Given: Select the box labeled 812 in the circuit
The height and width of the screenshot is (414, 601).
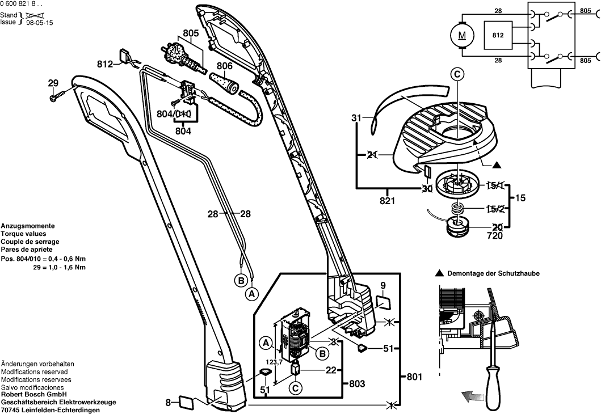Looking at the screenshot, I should (498, 35).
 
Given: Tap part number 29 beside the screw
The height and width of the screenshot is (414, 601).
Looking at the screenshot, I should (53, 84).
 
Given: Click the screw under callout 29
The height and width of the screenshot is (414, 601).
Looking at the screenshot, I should (54, 98).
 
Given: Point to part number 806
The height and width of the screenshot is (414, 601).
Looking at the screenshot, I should (224, 66).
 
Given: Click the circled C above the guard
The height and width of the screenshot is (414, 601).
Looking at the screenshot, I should (457, 73).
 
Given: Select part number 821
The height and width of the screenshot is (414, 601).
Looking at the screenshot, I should (388, 201).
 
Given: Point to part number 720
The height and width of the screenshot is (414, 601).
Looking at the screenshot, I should (494, 236).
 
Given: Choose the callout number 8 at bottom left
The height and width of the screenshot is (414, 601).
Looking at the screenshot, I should (168, 403).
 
